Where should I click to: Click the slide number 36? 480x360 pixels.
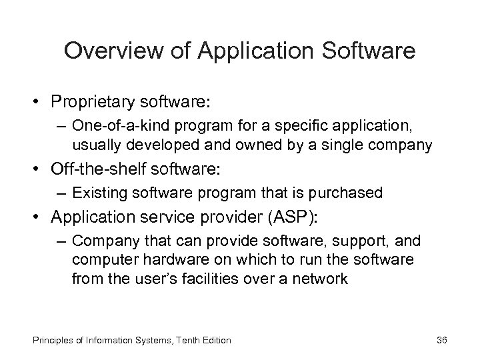click(x=441, y=341)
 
